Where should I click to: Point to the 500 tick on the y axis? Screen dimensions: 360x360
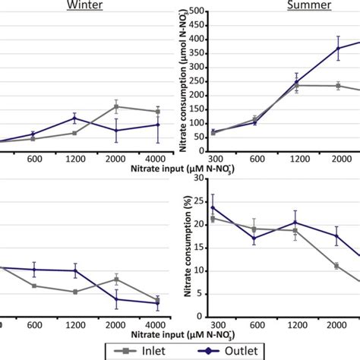point(201,11)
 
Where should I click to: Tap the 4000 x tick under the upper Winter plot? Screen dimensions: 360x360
point(158,157)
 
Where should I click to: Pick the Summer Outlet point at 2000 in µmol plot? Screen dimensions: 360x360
point(338,49)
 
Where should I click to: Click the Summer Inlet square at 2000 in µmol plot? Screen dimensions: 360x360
point(338,86)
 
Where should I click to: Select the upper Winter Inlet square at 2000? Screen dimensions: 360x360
point(116,106)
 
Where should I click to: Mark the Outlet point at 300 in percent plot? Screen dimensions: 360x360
point(212,207)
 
